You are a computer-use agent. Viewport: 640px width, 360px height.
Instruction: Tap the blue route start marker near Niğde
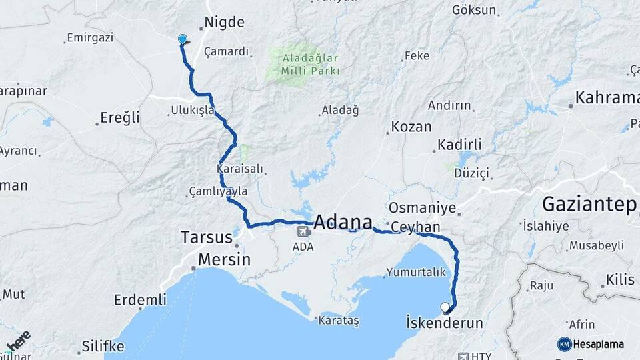click(x=183, y=39)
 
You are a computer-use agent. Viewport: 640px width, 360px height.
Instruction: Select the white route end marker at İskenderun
click(x=445, y=307)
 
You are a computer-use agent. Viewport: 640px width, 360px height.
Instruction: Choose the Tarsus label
click(x=207, y=237)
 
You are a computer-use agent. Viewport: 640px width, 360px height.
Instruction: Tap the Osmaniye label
click(x=422, y=208)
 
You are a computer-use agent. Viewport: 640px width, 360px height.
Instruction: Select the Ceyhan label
click(x=415, y=227)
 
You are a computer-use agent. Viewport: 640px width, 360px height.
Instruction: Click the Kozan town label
click(x=411, y=127)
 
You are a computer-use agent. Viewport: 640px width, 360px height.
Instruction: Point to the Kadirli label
click(x=459, y=145)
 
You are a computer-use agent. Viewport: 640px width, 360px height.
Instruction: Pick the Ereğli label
click(x=120, y=118)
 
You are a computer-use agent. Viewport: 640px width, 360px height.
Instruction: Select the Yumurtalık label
click(x=415, y=272)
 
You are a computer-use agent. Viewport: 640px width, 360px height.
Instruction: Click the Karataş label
click(x=337, y=321)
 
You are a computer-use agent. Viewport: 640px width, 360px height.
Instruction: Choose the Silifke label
click(x=103, y=346)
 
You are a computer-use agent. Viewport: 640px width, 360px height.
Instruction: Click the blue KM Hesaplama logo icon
click(x=564, y=344)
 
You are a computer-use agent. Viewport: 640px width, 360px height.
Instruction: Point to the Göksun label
click(x=474, y=10)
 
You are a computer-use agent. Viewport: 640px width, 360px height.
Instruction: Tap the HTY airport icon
click(x=463, y=356)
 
